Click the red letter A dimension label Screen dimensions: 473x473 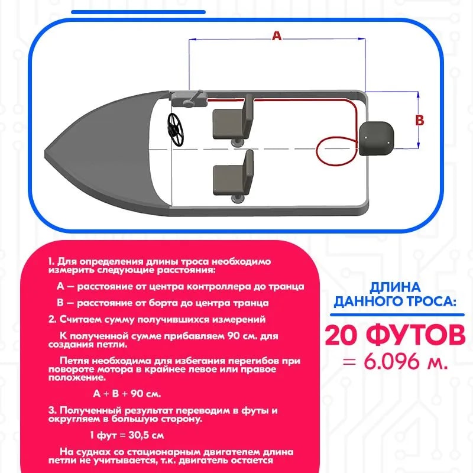click(276, 35)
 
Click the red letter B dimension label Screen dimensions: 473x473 click(419, 120)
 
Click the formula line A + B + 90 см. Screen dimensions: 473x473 click(127, 393)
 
